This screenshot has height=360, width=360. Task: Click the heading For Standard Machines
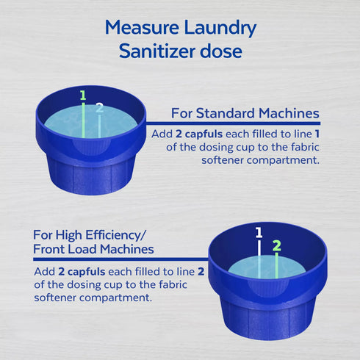245,114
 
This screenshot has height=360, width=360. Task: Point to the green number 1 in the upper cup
82,95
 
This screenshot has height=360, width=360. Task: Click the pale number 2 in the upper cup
99,107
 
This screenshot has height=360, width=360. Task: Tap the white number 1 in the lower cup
258,233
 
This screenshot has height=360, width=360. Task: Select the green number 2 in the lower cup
276,245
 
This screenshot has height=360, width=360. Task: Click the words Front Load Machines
94,249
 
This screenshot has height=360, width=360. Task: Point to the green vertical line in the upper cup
83,121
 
